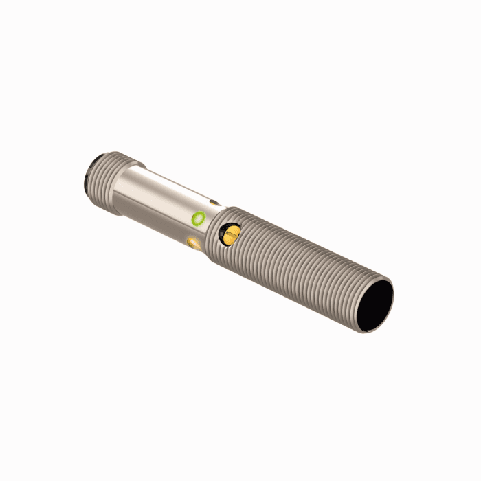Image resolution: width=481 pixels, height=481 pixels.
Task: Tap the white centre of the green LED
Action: coord(199,219)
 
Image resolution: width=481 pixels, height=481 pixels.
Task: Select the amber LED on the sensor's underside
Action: coord(194,241)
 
